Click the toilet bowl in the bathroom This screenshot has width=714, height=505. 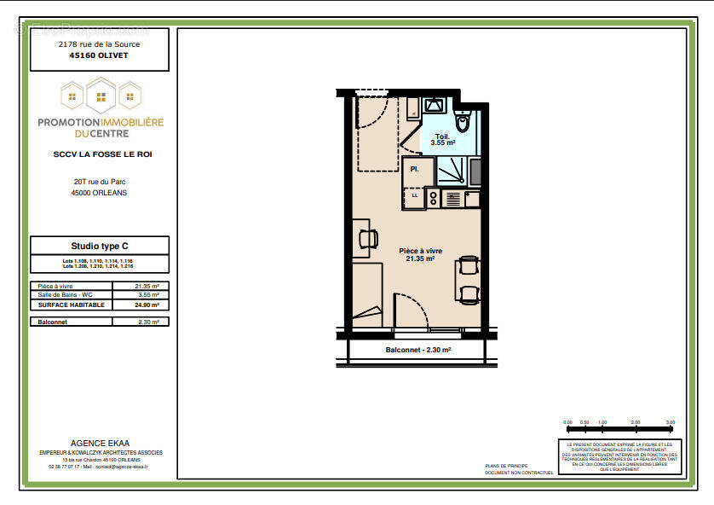(x=463, y=123)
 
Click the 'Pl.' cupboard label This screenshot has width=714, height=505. (x=415, y=169)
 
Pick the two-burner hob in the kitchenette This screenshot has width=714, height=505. (x=433, y=198)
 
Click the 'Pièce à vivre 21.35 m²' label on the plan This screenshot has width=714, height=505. (x=421, y=254)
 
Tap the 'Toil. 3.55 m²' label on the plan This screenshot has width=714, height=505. (x=443, y=140)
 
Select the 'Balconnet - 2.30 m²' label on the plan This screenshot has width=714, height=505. (x=417, y=350)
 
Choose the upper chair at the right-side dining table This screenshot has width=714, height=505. (x=468, y=266)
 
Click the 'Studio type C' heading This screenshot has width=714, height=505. (x=99, y=246)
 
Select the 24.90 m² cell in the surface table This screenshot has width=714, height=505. (x=147, y=305)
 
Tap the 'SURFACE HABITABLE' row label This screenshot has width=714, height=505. (x=72, y=305)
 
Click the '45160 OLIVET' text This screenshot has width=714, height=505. (x=99, y=55)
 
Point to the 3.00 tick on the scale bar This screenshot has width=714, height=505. (x=670, y=422)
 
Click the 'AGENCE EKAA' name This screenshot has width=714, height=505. (x=100, y=444)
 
